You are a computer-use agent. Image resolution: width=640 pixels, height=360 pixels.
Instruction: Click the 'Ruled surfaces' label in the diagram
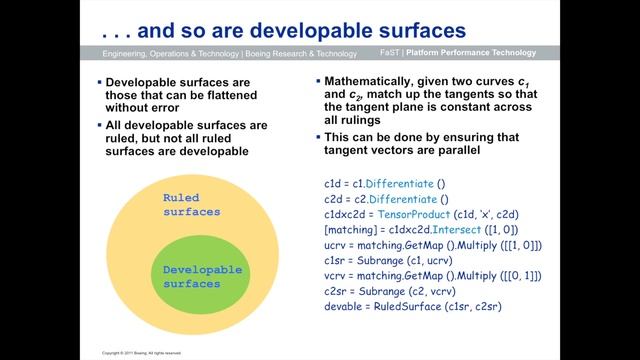click(x=190, y=204)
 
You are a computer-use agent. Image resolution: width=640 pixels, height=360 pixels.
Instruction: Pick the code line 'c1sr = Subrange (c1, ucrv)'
click(x=393, y=260)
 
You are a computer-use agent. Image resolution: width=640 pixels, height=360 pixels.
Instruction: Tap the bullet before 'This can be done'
click(x=316, y=136)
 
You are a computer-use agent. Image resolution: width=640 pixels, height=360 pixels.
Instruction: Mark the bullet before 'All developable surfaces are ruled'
click(x=99, y=125)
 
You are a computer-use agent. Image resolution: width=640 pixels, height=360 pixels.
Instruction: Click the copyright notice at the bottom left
click(x=142, y=352)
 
